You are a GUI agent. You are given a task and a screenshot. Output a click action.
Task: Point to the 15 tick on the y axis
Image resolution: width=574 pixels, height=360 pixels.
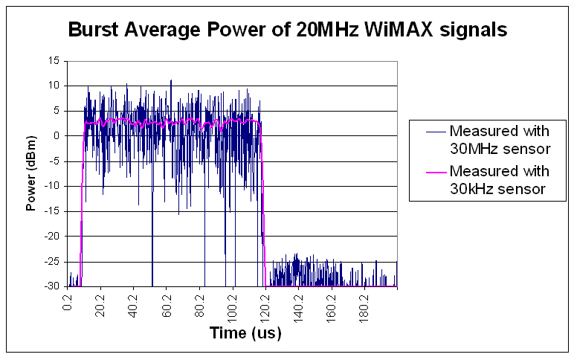point(54,61)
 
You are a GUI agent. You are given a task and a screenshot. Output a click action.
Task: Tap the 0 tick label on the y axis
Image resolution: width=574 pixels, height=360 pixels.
point(57,136)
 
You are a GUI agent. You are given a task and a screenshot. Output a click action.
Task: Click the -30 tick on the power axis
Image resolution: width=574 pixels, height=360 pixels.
point(52,286)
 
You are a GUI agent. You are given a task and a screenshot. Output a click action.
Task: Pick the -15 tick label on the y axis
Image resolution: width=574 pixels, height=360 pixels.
point(52,211)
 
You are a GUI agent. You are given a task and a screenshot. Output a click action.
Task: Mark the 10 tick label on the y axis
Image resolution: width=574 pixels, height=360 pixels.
point(54,86)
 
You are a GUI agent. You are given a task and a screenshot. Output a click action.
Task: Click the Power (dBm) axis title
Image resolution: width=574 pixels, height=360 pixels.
point(31,173)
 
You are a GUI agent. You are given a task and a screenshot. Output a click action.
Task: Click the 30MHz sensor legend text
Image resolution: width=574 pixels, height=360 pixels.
point(500,140)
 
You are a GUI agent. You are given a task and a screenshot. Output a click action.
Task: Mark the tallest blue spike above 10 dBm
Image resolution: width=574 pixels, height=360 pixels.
point(171,81)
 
